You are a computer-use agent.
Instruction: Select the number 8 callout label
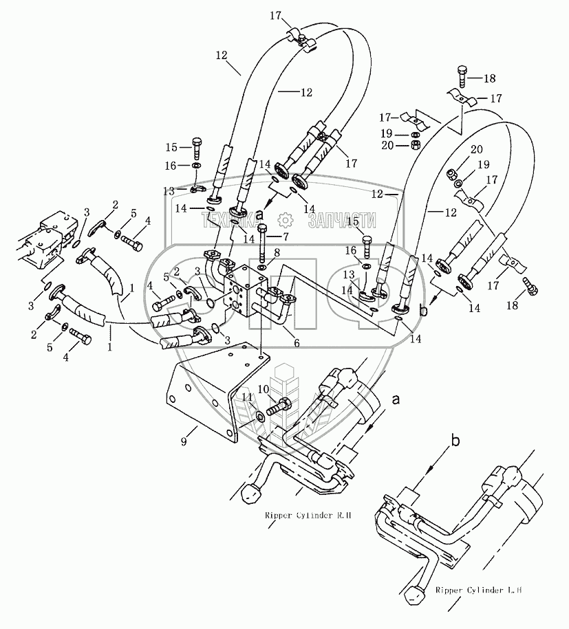[276, 253]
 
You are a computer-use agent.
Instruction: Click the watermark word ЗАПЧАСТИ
[343, 220]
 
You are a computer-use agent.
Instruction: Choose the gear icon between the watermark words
[285, 220]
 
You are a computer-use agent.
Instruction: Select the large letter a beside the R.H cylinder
[395, 398]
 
